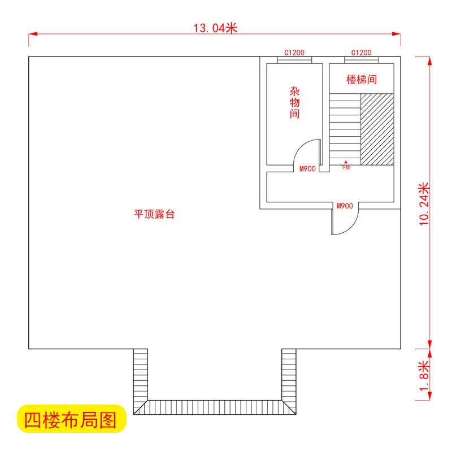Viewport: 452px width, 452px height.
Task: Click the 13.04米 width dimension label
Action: click(x=215, y=28)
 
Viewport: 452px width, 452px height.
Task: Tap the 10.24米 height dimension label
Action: click(x=424, y=204)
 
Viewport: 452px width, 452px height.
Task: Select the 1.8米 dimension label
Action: click(x=424, y=376)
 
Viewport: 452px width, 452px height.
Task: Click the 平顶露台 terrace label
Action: click(x=154, y=214)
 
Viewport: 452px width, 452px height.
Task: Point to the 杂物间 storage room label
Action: click(x=294, y=102)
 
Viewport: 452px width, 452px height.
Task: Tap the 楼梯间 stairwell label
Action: click(x=361, y=80)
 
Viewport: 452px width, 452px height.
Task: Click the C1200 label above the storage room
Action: click(x=294, y=53)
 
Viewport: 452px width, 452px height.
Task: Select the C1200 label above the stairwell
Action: click(x=361, y=53)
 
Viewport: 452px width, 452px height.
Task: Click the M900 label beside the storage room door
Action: click(x=307, y=169)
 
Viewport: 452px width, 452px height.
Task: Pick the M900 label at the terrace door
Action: click(x=345, y=206)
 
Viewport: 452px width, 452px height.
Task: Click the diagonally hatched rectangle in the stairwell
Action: click(x=377, y=129)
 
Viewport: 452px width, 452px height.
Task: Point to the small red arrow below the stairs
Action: click(x=346, y=162)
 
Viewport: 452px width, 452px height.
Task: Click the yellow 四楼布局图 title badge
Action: click(x=71, y=419)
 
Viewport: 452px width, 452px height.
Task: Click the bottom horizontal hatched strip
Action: click(x=215, y=407)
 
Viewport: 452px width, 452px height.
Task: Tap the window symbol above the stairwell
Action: click(x=361, y=58)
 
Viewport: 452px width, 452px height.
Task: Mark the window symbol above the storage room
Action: click(x=294, y=58)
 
